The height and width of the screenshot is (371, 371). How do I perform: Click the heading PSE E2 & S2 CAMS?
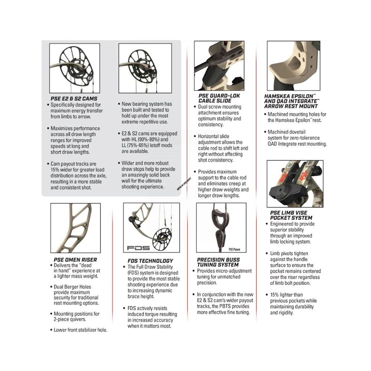(73, 99)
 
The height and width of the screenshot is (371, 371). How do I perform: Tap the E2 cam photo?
(75, 68)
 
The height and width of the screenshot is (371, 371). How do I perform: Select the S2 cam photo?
(145, 68)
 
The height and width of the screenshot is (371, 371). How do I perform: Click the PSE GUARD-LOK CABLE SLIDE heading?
(219, 98)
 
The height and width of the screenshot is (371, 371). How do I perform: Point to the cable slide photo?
(219, 66)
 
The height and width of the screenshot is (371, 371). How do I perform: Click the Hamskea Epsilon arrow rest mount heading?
(292, 101)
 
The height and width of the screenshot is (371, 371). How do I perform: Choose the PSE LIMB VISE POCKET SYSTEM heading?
(291, 215)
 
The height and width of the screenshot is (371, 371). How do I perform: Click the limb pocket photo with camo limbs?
(295, 184)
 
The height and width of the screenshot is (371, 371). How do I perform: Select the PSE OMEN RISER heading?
(75, 260)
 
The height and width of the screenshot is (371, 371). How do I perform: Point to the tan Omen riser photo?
(75, 228)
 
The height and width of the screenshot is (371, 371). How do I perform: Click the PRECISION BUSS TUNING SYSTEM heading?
(218, 262)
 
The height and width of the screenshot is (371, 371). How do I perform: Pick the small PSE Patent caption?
(235, 250)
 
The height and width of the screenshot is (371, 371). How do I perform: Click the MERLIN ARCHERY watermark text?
(184, 184)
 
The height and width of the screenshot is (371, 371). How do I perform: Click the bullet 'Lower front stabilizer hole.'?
(80, 330)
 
